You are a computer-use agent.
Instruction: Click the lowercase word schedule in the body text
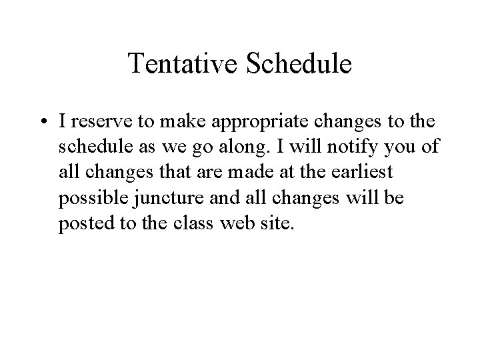[89, 147]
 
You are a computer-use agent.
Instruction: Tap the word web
[239, 222]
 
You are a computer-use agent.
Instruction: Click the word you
[401, 147]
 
